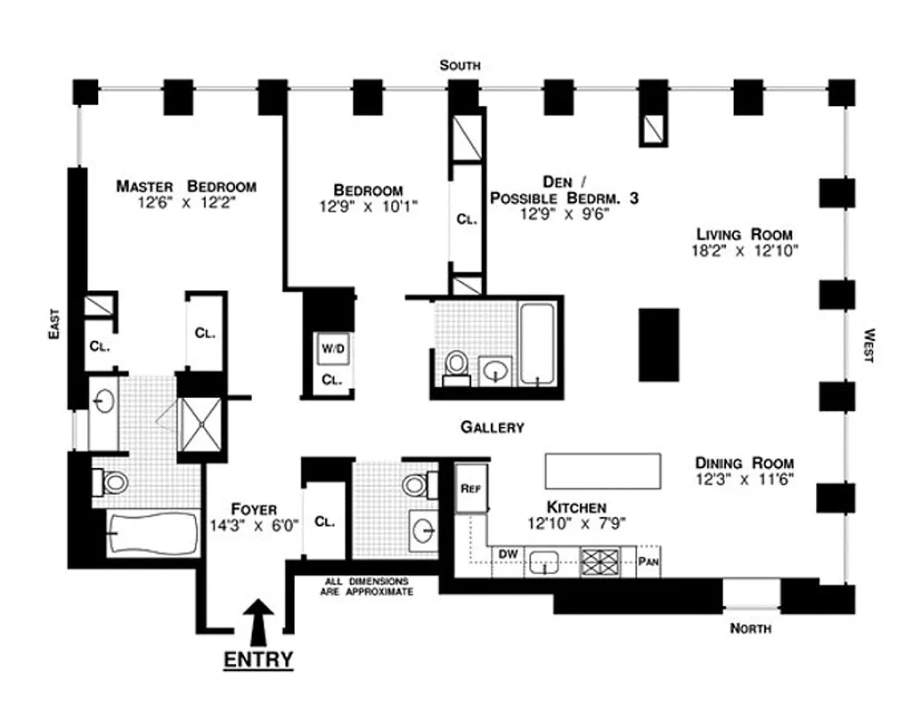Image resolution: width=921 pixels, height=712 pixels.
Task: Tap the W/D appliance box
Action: (x=332, y=349)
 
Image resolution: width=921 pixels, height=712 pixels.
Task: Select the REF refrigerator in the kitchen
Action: (x=471, y=489)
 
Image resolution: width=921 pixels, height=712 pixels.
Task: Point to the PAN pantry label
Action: (x=648, y=562)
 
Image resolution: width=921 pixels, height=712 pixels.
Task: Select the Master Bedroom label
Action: (x=186, y=187)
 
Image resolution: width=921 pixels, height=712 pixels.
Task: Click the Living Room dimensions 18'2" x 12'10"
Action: (x=745, y=250)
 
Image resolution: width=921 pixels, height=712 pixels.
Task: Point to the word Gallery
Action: (x=492, y=427)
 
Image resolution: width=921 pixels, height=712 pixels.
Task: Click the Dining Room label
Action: (x=744, y=464)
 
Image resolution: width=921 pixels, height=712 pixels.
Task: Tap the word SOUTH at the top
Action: (x=460, y=65)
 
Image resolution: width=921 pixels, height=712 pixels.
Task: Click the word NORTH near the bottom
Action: (x=750, y=629)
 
